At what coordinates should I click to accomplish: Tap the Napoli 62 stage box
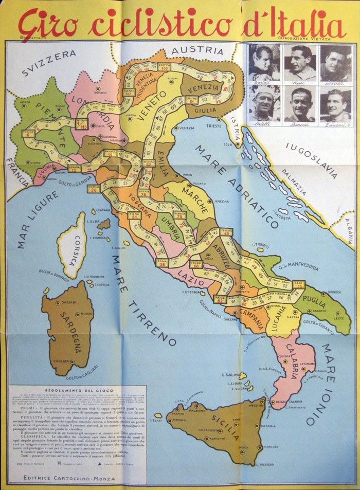pos(220,299)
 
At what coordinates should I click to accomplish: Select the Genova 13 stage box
pos(75,168)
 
